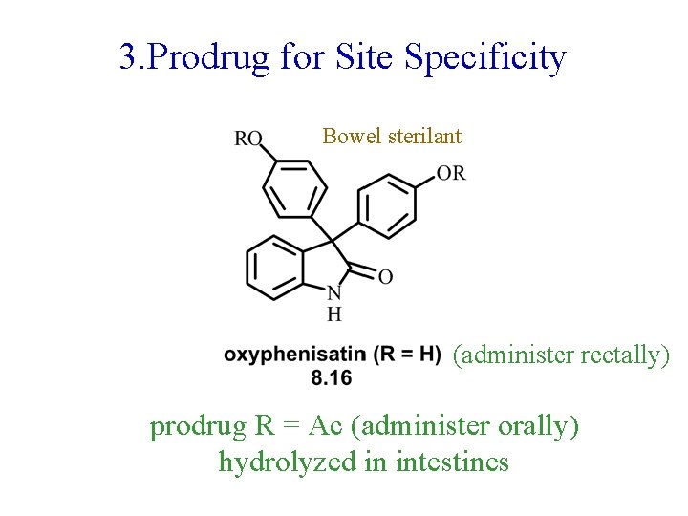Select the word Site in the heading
click(x=366, y=59)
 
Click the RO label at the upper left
click(x=248, y=139)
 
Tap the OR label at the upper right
click(x=451, y=173)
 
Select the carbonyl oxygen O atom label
click(x=385, y=277)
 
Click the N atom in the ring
click(x=333, y=293)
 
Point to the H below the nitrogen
click(x=333, y=313)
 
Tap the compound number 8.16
click(x=332, y=378)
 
